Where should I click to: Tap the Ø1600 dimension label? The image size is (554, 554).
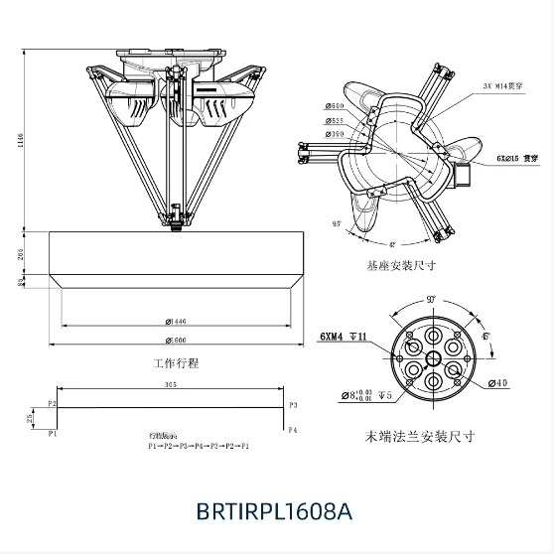pos(177,341)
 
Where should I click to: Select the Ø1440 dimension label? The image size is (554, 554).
pos(177,321)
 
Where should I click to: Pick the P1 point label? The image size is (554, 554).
pos(52,433)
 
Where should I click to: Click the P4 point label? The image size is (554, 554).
pos(293,431)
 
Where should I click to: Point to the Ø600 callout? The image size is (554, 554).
pos(335,107)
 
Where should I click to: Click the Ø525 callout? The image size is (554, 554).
pos(335,120)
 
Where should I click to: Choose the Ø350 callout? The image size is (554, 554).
pos(335,133)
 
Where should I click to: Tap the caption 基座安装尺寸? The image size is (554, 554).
pos(401,267)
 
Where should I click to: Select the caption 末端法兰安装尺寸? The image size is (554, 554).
pos(421,435)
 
